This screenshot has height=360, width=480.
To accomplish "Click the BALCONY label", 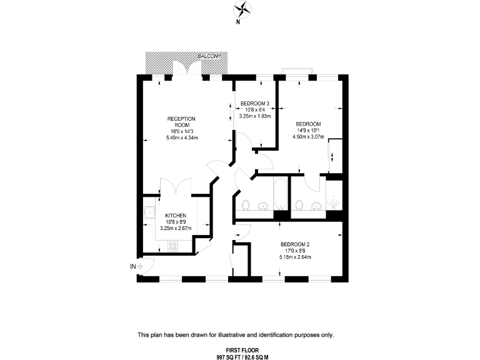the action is [x=209, y=57].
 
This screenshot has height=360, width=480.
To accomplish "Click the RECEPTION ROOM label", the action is [x=181, y=121].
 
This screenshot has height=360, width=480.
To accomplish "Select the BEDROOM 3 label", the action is [x=255, y=103].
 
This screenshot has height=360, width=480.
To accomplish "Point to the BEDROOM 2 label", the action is [x=296, y=244].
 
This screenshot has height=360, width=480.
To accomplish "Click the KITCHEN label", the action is [x=176, y=216].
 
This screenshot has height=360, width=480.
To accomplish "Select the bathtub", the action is [x=280, y=194].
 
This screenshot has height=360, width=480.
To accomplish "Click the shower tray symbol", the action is [x=334, y=201].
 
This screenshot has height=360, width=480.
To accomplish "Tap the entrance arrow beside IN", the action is [x=141, y=267].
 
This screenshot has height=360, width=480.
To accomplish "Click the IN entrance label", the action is [x=132, y=267].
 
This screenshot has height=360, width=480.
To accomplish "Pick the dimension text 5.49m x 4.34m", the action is [x=181, y=137].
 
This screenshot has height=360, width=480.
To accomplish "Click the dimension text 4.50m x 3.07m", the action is [x=309, y=137].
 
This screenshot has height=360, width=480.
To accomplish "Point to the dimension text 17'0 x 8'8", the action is [x=296, y=251].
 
